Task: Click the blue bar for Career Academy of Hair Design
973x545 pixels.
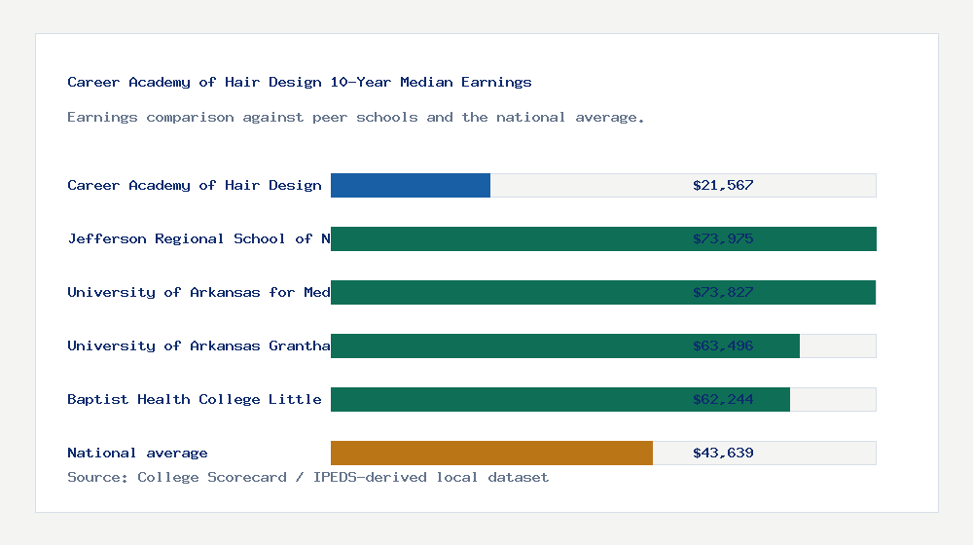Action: (410, 185)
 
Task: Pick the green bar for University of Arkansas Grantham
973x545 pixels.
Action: (506, 345)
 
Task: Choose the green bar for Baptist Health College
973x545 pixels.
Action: (506, 399)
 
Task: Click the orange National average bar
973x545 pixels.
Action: (491, 453)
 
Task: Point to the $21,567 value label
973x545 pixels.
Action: (723, 185)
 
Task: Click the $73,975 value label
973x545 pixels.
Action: (723, 238)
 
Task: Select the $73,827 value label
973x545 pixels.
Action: (723, 292)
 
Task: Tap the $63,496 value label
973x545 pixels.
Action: (723, 345)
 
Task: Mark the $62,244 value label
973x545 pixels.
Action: (723, 399)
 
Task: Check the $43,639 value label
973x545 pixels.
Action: (723, 453)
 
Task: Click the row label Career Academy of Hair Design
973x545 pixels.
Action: (195, 185)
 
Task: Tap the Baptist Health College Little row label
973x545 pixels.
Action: (195, 399)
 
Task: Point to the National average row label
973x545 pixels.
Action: (137, 453)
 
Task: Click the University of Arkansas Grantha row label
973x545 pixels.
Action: (198, 345)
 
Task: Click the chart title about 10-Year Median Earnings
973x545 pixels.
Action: (300, 82)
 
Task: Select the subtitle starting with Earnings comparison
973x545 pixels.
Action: (356, 117)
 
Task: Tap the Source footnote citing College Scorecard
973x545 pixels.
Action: (307, 477)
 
